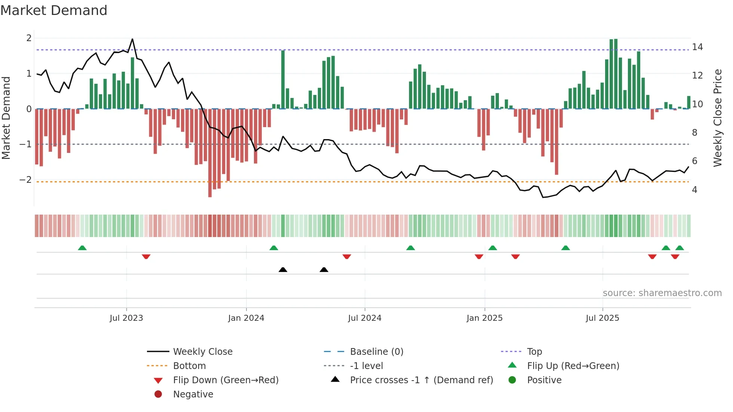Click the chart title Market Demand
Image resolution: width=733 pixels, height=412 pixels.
[54, 10]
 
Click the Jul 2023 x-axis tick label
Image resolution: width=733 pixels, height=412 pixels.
[126, 318]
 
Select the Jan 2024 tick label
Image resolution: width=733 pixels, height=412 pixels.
[246, 318]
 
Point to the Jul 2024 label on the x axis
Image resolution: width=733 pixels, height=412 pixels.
[365, 318]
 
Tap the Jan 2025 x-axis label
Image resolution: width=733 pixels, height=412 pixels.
[485, 318]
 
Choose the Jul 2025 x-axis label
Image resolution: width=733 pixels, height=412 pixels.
[602, 318]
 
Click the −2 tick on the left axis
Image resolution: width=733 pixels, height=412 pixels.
[25, 180]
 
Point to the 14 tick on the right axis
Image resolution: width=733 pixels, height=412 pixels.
[697, 47]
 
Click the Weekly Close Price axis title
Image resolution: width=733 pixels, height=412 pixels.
[717, 118]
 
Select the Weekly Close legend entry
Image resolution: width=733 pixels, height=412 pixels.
[202, 352]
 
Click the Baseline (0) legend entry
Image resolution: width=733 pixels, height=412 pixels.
[376, 352]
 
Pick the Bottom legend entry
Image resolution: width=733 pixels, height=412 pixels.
[189, 366]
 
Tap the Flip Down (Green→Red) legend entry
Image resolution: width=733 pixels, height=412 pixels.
[226, 380]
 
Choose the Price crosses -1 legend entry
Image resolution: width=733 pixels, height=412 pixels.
[421, 380]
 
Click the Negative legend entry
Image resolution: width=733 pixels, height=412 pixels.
[193, 394]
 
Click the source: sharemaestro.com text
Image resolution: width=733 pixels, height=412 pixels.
[662, 293]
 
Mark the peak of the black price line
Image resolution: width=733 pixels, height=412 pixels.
[132, 39]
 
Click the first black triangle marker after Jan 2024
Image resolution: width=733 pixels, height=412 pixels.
[283, 270]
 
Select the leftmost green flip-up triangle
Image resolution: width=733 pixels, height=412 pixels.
[82, 248]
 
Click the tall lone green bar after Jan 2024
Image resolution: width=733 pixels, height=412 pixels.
[283, 79]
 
